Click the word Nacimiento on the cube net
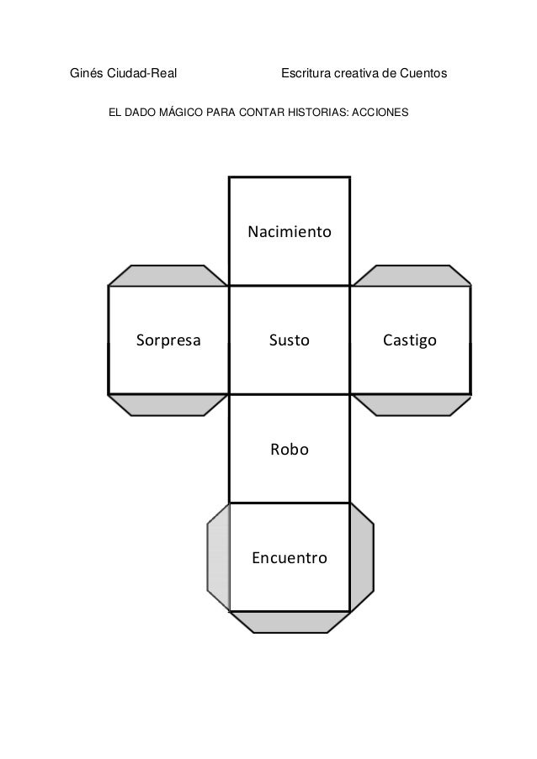tap(289, 231)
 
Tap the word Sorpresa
tap(168, 340)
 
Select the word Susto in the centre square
tap(289, 340)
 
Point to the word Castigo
tap(409, 340)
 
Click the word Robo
tap(289, 450)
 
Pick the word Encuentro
tap(289, 557)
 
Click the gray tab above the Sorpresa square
tap(168, 276)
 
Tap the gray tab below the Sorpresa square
tap(168, 404)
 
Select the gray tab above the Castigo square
tap(410, 276)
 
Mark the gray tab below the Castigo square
tap(410, 404)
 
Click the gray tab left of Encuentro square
tap(219, 557)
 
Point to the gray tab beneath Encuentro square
tap(289, 621)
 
